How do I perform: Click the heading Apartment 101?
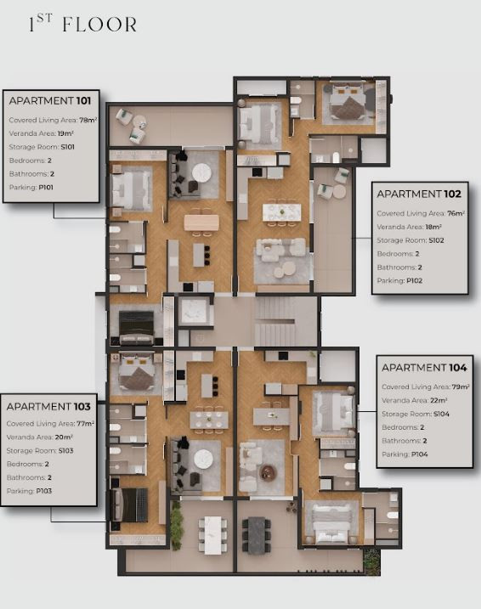coord(50,101)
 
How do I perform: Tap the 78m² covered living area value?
coord(88,120)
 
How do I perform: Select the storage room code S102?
coord(436,240)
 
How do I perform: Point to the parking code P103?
coord(44,491)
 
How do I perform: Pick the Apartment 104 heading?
coord(424,368)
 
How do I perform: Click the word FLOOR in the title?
coord(99,25)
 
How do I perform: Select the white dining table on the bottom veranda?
coord(212,535)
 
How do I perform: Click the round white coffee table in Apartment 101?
coord(202,172)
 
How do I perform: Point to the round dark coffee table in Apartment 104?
coord(268,471)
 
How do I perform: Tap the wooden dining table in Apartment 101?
coord(201,223)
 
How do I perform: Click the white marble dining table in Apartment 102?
coord(281,212)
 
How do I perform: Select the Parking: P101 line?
coord(31,187)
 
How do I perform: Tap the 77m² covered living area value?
coord(86,424)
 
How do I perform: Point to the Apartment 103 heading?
coord(48,407)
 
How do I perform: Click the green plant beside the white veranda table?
coord(177,525)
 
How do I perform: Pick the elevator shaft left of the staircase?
coord(194,311)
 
